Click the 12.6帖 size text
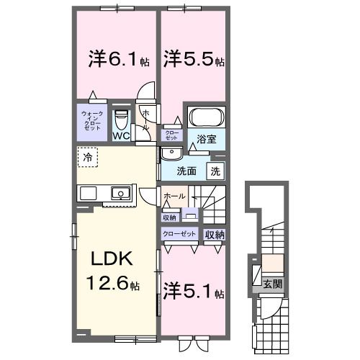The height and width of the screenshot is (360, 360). (114, 284)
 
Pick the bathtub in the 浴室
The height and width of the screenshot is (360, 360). (207, 117)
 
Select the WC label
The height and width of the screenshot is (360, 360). (122, 135)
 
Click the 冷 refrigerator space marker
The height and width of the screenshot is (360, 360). (87, 156)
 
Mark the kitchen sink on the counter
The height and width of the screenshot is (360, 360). (120, 193)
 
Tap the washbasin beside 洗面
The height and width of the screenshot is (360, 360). (171, 153)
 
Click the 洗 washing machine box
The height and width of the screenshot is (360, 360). (215, 171)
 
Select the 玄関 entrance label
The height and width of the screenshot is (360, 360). (271, 282)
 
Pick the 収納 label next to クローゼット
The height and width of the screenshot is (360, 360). (214, 234)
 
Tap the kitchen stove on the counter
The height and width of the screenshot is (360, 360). (88, 193)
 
